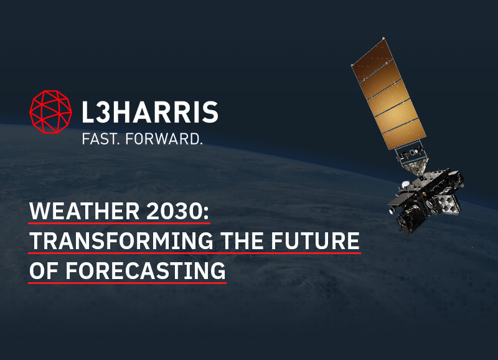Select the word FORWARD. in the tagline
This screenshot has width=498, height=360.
click(164, 139)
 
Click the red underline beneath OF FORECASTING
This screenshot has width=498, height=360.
click(128, 283)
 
